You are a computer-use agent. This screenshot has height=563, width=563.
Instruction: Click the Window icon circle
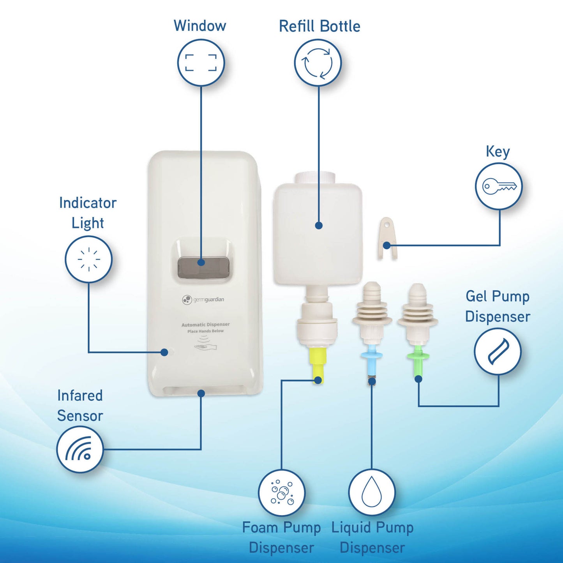click(201, 62)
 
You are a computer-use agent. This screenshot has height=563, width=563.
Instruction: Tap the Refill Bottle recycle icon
click(318, 63)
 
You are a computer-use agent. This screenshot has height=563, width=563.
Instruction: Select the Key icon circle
click(498, 186)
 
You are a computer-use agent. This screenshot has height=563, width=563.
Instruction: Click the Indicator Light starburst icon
click(89, 259)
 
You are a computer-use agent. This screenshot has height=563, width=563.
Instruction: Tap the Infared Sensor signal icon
click(80, 449)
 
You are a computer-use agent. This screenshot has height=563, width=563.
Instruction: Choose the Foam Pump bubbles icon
click(282, 492)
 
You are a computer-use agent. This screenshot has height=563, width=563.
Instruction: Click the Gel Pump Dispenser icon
click(498, 351)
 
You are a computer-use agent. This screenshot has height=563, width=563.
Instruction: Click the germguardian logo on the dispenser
click(203, 300)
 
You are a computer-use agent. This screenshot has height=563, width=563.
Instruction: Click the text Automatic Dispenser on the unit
click(205, 325)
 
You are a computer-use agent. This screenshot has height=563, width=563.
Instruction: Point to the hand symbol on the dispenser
click(205, 346)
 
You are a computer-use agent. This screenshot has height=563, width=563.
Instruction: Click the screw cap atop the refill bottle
click(315, 177)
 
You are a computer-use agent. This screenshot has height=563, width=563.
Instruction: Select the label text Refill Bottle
click(319, 26)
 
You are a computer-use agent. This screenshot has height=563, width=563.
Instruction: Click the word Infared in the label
click(80, 395)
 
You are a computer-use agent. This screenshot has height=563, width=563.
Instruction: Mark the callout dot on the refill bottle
click(319, 226)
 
